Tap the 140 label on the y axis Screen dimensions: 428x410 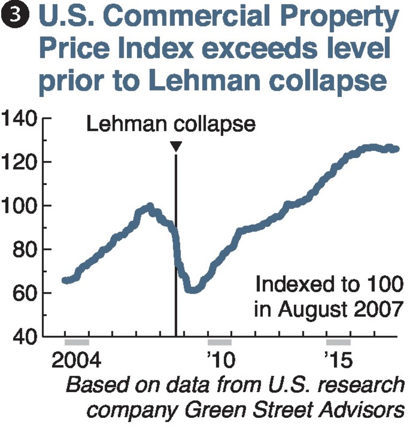[x=19, y=118]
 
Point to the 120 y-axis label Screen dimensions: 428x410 [x=19, y=162]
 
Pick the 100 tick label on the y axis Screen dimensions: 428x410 [x=19, y=206]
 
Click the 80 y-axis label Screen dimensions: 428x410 [x=25, y=250]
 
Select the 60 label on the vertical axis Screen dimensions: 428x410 [x=25, y=293]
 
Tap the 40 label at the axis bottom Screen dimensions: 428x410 [x=25, y=337]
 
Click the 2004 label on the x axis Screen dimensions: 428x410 [x=77, y=360]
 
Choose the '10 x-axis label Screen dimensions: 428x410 [x=219, y=360]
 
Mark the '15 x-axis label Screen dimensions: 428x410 [x=338, y=360]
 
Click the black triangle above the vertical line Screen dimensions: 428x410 [x=176, y=146]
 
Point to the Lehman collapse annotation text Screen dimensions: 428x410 [x=171, y=125]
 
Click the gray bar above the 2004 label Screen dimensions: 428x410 [x=77, y=342]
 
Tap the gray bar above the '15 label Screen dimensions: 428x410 [x=338, y=342]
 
